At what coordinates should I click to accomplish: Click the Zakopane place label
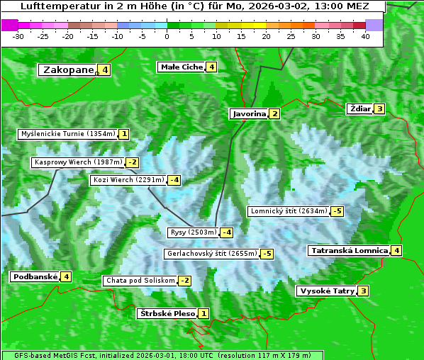tap(69, 69)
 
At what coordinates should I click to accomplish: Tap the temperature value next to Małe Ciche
tap(211, 67)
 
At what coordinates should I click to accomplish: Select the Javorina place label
tap(249, 113)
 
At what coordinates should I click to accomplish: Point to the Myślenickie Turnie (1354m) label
tap(67, 134)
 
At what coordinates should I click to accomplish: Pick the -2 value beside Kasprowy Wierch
tap(133, 162)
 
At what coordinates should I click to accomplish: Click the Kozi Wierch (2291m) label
tap(128, 180)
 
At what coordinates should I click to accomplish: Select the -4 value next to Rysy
tap(227, 232)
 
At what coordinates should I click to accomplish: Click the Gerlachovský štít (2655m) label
tap(211, 254)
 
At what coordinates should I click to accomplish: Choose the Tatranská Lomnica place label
tap(350, 250)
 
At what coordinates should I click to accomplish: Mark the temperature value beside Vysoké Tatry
tap(364, 291)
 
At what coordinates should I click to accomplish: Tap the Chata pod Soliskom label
tap(139, 281)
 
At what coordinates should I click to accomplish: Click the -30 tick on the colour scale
tap(18, 36)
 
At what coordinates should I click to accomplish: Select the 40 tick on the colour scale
tap(366, 36)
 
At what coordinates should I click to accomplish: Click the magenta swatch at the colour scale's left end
tap(10, 25)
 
